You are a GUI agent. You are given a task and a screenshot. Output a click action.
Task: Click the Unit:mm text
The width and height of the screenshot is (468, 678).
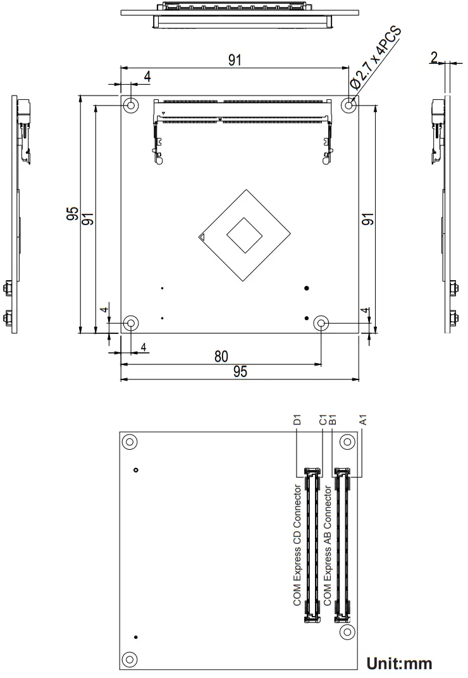[x=399, y=663]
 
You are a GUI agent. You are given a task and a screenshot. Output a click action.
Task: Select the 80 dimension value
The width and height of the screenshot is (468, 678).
[x=221, y=356]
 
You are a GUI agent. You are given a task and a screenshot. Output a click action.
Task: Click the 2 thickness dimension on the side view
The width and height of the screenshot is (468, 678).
[x=434, y=58]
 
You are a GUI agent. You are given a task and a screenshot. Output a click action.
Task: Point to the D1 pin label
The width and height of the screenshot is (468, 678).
[x=297, y=420]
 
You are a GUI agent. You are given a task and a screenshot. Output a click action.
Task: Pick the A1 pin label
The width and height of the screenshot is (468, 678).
[x=363, y=420]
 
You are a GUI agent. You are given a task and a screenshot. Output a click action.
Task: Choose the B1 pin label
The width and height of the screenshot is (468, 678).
[x=333, y=420]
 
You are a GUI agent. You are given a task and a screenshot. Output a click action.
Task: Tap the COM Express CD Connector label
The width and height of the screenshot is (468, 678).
[x=297, y=546]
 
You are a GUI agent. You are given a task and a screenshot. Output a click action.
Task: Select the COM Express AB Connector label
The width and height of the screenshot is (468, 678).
[x=327, y=546]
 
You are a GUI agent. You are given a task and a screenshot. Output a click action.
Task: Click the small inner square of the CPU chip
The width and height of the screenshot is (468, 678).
[x=244, y=235]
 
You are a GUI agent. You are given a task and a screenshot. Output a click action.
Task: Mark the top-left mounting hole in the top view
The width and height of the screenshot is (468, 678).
[x=131, y=105]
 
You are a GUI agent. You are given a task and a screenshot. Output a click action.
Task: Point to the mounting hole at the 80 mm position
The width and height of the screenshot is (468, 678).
[x=321, y=324]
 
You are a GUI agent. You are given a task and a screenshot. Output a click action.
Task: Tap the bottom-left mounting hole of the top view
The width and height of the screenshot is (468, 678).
[x=131, y=324]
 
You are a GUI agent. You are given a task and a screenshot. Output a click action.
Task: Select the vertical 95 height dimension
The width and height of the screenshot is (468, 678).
[x=73, y=214]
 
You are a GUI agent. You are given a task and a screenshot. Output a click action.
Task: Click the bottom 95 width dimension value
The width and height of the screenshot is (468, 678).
[x=240, y=372]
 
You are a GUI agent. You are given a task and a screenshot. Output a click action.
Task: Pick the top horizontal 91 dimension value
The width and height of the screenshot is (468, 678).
[x=235, y=60]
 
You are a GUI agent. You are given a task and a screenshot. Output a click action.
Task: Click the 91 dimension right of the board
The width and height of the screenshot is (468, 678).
[x=367, y=219]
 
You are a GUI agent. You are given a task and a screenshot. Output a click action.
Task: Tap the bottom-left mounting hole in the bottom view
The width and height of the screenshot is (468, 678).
[x=130, y=658]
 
